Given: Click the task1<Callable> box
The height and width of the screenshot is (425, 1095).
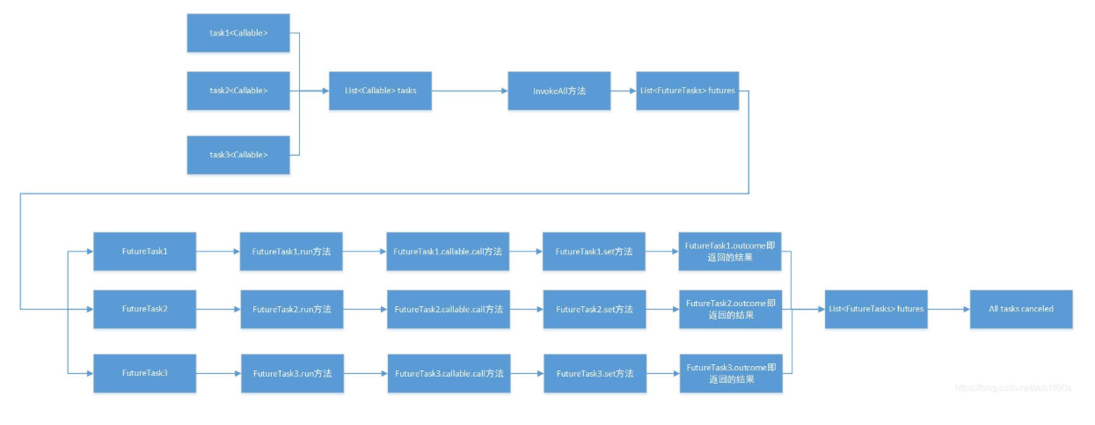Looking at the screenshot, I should pos(238,33).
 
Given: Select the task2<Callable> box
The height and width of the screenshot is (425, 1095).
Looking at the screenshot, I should pos(238,91).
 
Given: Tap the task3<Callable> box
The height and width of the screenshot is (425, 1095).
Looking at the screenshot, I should pos(238,155).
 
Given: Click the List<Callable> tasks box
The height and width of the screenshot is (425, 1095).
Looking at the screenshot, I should pos(380,91).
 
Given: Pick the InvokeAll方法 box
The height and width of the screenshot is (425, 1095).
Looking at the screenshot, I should pos(558,91).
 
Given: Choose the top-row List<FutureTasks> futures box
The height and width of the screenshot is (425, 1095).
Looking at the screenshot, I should pos(686,91).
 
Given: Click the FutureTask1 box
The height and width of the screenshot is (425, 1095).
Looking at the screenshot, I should pos(144,252).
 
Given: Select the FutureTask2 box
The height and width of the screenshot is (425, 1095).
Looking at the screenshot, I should pos(144,309).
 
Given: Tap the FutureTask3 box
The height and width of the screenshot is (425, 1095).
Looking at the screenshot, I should pos(144,373).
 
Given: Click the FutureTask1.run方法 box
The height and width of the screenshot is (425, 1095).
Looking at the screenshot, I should pos(291,252).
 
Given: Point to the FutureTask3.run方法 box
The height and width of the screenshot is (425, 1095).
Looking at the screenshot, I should pos(291,373).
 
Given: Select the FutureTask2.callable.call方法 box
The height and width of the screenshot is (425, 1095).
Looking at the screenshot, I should pos(449,309).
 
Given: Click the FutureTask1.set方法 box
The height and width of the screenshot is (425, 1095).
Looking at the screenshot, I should pos(594,252).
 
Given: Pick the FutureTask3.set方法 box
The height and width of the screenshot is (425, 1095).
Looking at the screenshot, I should pos(594,373).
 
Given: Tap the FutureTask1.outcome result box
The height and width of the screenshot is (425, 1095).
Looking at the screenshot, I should pos(730,252).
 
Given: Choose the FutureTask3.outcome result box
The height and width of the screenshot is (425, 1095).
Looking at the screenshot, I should pos(730,373).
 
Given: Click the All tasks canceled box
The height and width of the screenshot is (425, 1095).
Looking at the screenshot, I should pos(1020,309).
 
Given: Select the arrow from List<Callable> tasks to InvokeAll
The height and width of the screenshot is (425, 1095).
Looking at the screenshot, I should pos(469,91).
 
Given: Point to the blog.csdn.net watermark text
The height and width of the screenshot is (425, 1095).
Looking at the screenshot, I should pos(1012,388).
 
